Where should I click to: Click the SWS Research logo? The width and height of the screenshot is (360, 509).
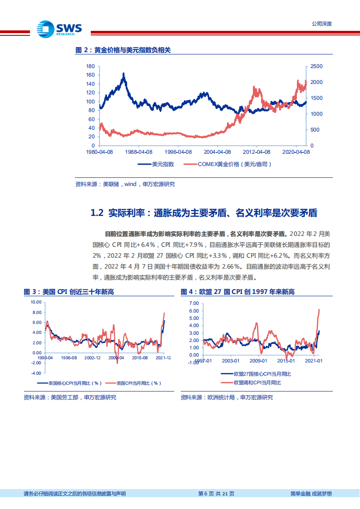[x=59, y=29]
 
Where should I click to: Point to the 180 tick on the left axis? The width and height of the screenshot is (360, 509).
[x=90, y=66]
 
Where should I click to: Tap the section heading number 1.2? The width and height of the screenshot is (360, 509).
[x=98, y=213]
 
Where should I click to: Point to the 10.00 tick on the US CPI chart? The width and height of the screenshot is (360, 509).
[x=36, y=302]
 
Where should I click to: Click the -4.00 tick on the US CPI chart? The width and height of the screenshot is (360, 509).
[x=36, y=373]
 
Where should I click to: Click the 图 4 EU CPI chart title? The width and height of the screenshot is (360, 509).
[x=237, y=292]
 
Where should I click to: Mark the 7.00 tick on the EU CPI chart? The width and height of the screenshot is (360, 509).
[x=193, y=303]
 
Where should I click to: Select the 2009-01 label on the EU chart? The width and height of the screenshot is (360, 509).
[x=258, y=361]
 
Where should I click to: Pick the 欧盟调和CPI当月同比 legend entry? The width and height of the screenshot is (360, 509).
[x=257, y=383]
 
